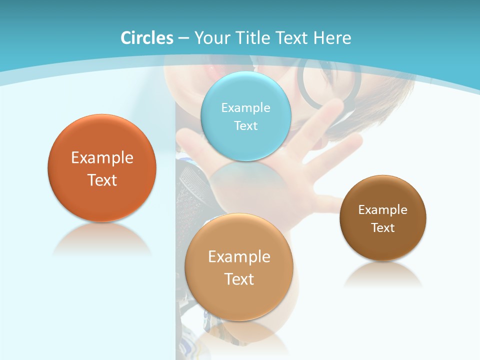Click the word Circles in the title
pyautogui.click(x=147, y=38)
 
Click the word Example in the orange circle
pyautogui.click(x=102, y=158)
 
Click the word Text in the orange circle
pyautogui.click(x=102, y=180)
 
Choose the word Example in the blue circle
pyautogui.click(x=245, y=107)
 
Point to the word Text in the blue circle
pyautogui.click(x=245, y=125)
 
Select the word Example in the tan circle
pyautogui.click(x=239, y=256)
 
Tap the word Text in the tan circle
pyautogui.click(x=239, y=279)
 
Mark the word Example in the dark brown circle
pyautogui.click(x=383, y=209)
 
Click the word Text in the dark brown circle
pyautogui.click(x=383, y=228)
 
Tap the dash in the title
pyautogui.click(x=183, y=38)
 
